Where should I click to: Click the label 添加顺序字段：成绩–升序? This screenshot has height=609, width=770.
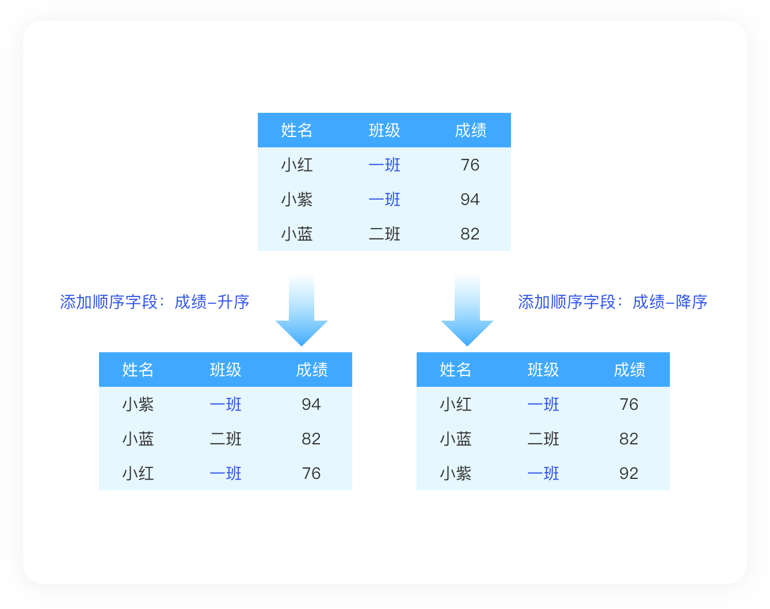(154, 302)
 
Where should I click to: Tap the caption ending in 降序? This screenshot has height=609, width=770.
(612, 302)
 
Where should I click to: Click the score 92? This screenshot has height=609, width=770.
(628, 473)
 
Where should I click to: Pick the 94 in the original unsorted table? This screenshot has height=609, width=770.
(470, 199)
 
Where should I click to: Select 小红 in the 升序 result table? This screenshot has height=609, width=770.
(138, 473)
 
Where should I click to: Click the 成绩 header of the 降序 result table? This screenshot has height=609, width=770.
(629, 370)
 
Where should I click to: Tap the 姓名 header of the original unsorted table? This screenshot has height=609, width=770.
(297, 130)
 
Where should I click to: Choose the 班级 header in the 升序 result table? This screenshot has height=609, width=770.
(226, 370)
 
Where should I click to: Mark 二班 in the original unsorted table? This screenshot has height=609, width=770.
(384, 234)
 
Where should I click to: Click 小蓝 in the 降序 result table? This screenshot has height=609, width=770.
(456, 439)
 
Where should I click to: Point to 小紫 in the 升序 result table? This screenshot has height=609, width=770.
(138, 404)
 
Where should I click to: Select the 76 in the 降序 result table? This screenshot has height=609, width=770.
(628, 404)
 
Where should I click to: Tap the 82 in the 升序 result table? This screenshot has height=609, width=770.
(311, 439)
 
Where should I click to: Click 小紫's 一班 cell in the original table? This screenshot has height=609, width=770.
(384, 199)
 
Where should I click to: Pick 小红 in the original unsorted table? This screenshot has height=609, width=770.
(297, 165)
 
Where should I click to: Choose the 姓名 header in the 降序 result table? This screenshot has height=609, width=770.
(456, 370)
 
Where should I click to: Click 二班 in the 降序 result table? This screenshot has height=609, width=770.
(543, 439)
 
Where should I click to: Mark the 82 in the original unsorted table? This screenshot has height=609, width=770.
(470, 234)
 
